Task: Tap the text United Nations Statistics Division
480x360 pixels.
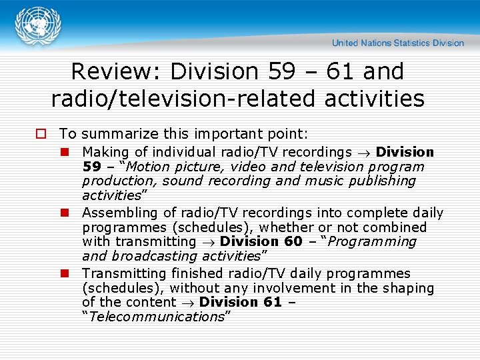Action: click(397, 43)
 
